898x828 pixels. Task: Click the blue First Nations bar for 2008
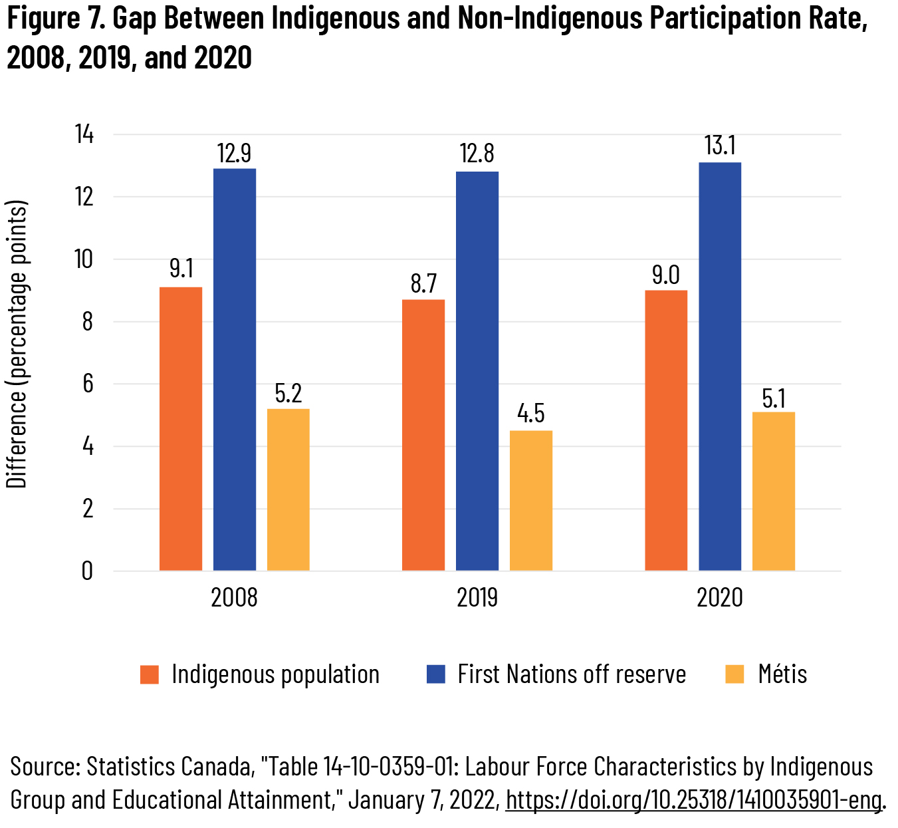(235, 369)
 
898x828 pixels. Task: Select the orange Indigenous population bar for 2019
(423, 435)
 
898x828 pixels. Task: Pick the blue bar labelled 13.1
(720, 366)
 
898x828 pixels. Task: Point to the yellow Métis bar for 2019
(531, 500)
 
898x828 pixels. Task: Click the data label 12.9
(234, 154)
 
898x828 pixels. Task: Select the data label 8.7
(423, 284)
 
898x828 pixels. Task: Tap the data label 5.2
(288, 394)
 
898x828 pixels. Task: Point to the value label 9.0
(666, 275)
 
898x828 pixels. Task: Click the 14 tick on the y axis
(84, 135)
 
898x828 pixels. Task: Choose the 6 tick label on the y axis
(88, 384)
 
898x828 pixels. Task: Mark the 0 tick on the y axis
(88, 571)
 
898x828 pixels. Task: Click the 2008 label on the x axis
(234, 598)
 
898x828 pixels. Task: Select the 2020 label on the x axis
(719, 598)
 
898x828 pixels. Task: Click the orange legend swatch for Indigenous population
(150, 675)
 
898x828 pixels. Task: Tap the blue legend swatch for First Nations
(435, 675)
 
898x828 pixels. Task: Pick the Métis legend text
(782, 674)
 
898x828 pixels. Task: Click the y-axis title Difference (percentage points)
(17, 344)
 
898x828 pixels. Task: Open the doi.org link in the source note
(693, 799)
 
